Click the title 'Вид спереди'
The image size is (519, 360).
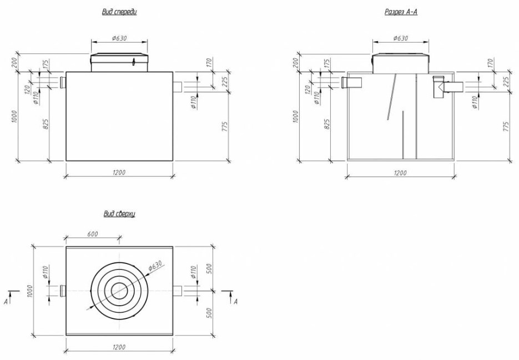119,12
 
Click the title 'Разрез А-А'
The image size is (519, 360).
401,12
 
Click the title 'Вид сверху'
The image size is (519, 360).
119,214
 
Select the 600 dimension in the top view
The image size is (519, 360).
92,234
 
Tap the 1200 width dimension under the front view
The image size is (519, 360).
119,173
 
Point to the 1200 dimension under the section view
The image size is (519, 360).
400,173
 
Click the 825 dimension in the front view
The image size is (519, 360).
46,124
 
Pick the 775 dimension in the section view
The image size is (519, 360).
506,126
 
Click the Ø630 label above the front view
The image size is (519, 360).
119,38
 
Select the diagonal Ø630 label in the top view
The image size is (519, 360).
155,266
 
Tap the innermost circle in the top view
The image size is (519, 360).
119,291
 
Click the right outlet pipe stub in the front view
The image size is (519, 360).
178,87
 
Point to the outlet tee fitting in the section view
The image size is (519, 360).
439,87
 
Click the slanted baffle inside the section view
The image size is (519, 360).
392,97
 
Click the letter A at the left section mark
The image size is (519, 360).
6,301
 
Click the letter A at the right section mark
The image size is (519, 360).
235,301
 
